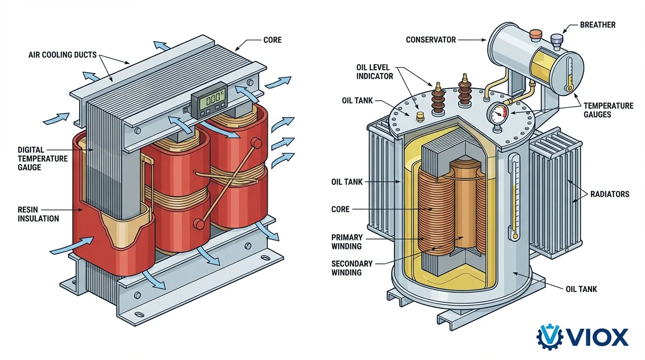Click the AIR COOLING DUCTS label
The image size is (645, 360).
click(62, 55)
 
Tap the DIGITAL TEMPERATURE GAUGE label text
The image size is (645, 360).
click(43, 158)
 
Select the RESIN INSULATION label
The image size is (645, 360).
click(38, 214)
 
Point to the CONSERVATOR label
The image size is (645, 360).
click(431, 40)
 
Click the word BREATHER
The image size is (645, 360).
click(598, 24)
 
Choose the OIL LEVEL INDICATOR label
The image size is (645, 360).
click(375, 72)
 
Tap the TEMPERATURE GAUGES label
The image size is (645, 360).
click(608, 110)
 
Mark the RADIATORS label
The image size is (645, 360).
click(609, 194)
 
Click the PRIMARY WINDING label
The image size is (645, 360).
click(346, 242)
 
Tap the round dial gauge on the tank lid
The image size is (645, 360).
click(498, 113)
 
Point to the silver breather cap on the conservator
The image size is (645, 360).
click(557, 40)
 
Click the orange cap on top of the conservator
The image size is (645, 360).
click(535, 34)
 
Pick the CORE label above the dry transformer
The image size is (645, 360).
click(272, 40)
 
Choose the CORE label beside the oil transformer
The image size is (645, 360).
click(340, 209)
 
